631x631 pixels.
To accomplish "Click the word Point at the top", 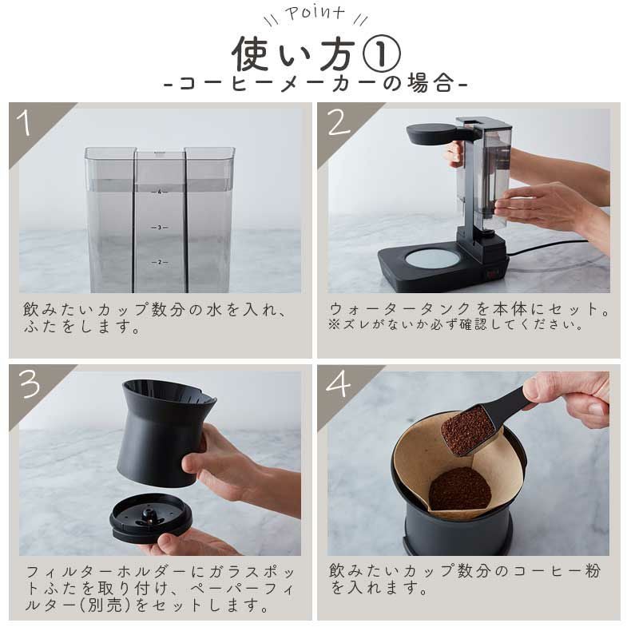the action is pos(315,13).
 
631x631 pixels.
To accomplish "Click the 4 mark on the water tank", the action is pos(160,192).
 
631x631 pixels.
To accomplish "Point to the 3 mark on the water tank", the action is pos(160,228).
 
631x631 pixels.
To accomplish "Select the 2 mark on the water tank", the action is pos(160,262).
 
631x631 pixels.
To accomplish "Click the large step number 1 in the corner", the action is pos(25,122).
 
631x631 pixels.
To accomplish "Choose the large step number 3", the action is pos(30,383).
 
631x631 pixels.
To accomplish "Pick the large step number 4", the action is pos(339,383).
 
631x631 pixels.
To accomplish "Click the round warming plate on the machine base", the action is pos(432,258).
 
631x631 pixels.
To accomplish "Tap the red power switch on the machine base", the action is pos(492,276).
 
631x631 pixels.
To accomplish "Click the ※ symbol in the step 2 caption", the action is pos(334,325).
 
